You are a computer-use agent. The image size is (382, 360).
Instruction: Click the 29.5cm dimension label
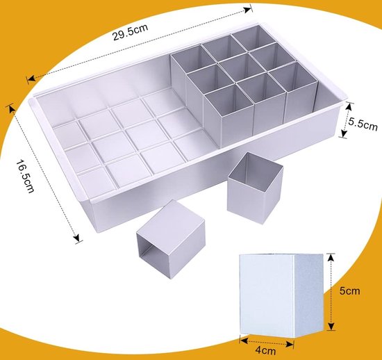coord(130,32)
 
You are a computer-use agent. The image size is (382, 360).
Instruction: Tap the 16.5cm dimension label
coord(25,176)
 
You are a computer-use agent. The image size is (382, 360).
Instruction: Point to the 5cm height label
coord(349,291)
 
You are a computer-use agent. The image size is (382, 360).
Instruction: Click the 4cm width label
coord(265,351)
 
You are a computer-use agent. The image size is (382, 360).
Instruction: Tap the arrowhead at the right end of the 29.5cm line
coord(248,10)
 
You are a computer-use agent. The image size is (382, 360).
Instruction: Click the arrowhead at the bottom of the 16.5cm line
coord(76,238)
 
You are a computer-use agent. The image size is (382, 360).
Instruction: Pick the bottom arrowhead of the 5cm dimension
coord(331,326)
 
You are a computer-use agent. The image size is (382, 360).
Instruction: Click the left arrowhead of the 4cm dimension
coord(244,341)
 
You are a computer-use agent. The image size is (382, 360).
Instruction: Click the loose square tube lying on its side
coord(171,239)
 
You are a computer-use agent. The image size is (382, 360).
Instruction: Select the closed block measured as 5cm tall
coord(281,295)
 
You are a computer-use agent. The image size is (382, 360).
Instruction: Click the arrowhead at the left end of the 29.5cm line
coord(31,79)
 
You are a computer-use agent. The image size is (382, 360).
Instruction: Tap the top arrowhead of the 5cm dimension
coord(330,258)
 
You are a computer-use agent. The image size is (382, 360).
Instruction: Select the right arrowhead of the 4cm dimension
coord(290,344)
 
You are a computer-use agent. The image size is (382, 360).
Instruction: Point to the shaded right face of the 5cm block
coord(308,295)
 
